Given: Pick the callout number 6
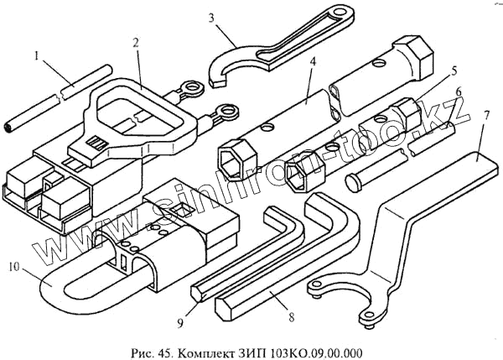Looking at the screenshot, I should [458, 90].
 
